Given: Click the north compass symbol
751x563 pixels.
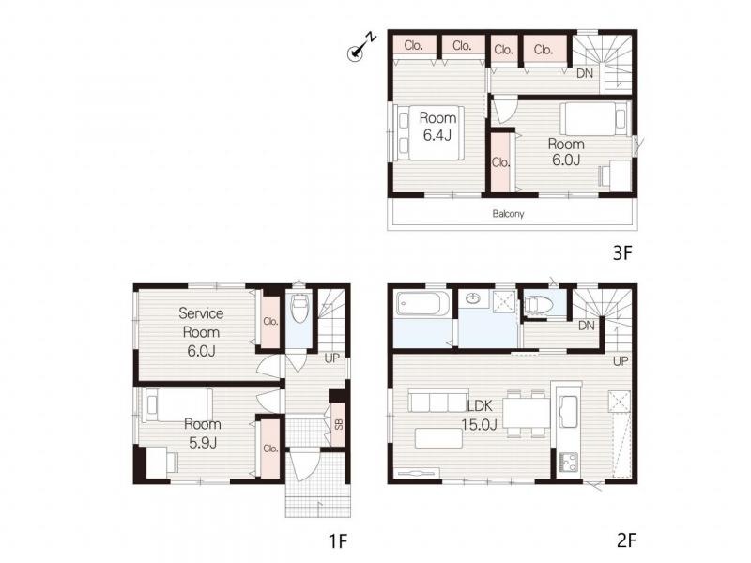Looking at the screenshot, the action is pos(361,46).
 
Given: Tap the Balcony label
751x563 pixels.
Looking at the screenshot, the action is pos(508,214).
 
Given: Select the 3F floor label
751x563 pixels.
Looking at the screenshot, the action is pos(622,252).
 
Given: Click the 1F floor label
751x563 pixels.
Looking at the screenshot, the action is pos(338,541).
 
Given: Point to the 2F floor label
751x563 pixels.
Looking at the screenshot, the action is pos(627,540).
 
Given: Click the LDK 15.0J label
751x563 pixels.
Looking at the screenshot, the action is pos(480,415).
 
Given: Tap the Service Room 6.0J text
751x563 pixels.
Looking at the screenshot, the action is pos(201,332).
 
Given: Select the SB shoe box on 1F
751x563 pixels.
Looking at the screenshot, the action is pos(339,425).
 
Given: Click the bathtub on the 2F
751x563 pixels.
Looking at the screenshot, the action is pos(422,303).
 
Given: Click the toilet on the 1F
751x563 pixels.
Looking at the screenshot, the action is pos(299,308).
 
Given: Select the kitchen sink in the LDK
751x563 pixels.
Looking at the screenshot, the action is pos(569,412).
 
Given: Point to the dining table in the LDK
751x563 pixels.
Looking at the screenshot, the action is pos(527,412).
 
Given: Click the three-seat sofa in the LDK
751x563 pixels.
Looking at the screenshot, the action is pos(437,401).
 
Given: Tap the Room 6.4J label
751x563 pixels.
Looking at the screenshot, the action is pos(437,127).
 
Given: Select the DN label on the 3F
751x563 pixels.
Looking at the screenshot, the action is pos(584,73).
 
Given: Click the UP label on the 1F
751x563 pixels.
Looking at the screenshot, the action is pos(332,358).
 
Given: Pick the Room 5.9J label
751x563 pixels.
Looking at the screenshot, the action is pos(203,434).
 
